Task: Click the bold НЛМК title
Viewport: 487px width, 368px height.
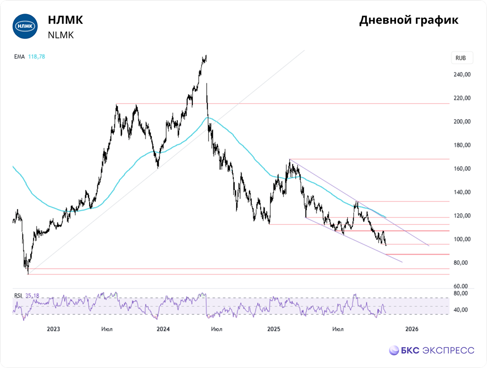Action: (65, 20)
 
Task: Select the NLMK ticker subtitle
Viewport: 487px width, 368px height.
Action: (61, 35)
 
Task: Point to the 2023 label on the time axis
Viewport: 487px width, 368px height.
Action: (53, 330)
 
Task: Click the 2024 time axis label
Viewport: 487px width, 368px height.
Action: (163, 330)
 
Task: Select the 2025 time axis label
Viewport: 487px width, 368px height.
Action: (274, 330)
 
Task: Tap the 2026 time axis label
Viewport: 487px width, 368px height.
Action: (412, 330)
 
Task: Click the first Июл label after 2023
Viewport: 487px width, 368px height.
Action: (107, 330)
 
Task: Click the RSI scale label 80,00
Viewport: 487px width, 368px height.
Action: (461, 294)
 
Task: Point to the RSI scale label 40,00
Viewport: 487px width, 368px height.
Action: (461, 310)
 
